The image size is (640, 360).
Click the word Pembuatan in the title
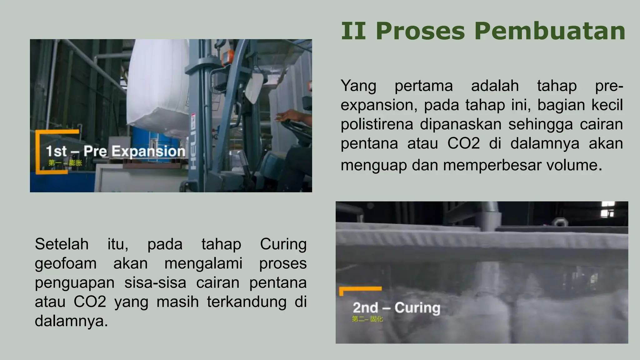point(550,31)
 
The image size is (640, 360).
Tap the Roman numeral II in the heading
point(353,31)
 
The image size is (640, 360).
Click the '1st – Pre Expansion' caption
point(116,151)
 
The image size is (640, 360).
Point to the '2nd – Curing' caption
point(396,308)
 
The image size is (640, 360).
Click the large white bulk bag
point(158,84)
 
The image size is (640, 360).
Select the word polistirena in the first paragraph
point(377,124)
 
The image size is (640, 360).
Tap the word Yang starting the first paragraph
point(358,86)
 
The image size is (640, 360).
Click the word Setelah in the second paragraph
point(62,244)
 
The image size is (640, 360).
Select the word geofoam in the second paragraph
point(66,263)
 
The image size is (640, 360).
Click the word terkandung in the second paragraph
point(247,302)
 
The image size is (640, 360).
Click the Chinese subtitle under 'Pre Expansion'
point(65,163)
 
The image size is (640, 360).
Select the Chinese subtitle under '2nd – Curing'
point(367,319)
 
